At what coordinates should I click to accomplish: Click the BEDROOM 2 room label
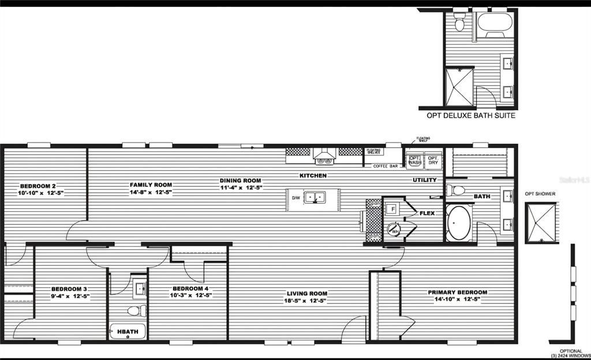pos(38,186)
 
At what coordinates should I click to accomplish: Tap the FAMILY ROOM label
pos(151,185)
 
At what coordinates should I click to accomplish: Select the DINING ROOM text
pos(241,180)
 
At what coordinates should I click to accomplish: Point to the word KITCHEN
pos(313,175)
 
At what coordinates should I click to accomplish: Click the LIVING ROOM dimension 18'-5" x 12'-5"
pos(306,301)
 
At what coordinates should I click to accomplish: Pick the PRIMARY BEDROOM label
pos(458,292)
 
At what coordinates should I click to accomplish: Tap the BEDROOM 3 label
pos(69,289)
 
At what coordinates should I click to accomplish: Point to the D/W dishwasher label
pos(295,198)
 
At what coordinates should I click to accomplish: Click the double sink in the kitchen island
pos(315,197)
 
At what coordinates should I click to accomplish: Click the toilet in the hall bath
pos(133,311)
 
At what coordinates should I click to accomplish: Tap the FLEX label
pos(427,213)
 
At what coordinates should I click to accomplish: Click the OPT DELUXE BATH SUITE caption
pos(471,115)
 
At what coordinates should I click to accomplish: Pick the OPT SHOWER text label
pos(540,194)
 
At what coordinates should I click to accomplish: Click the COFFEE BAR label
pos(386,166)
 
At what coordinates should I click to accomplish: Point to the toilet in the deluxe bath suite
pos(459,24)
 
